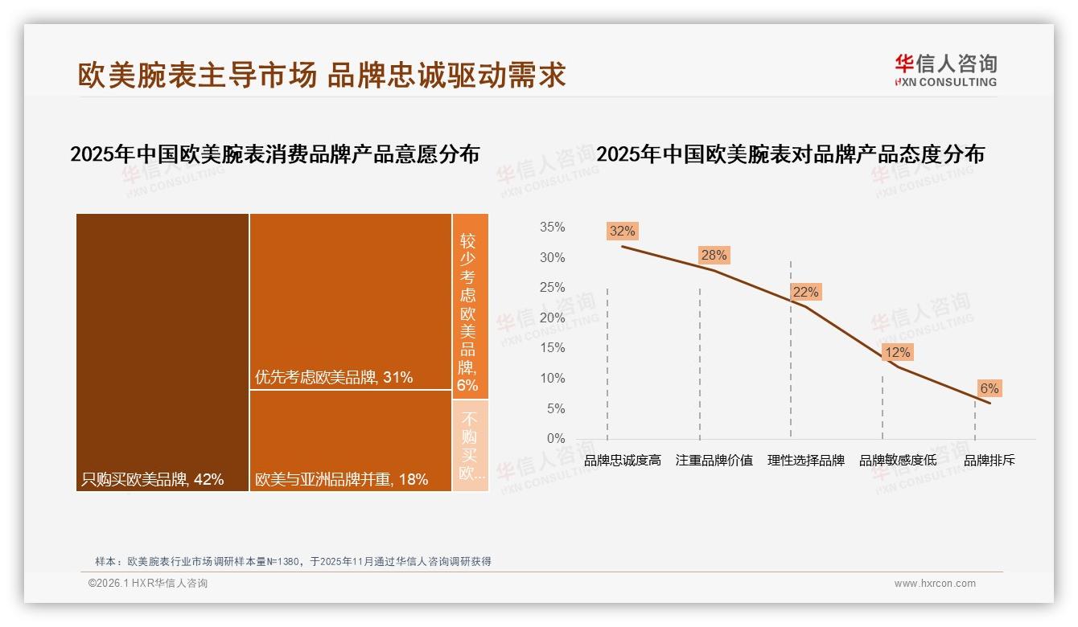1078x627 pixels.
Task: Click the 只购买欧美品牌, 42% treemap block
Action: pos(163,352)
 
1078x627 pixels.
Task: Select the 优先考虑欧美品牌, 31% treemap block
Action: pos(350,301)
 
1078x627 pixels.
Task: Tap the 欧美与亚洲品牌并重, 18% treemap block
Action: pos(350,441)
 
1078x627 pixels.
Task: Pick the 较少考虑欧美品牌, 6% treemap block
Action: pos(470,306)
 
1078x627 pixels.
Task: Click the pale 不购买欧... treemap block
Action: pos(470,445)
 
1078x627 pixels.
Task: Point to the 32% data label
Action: pos(622,232)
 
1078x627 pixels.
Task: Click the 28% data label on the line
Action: pos(714,256)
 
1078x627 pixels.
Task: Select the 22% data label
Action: pos(805,293)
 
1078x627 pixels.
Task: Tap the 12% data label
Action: pos(897,353)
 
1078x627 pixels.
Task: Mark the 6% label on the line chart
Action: pos(989,389)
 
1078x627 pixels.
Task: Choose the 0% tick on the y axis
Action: pos(556,439)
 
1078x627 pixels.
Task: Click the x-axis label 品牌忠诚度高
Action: pos(623,461)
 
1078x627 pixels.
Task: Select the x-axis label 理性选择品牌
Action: pos(806,461)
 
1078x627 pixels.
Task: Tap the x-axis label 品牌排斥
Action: pos(990,461)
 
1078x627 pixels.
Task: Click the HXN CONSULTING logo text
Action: pos(946,82)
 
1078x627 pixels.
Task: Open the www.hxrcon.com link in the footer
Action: pos(935,584)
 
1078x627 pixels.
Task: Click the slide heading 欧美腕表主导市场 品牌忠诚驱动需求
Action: pos(322,75)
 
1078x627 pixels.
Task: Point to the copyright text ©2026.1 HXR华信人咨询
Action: pos(148,584)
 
